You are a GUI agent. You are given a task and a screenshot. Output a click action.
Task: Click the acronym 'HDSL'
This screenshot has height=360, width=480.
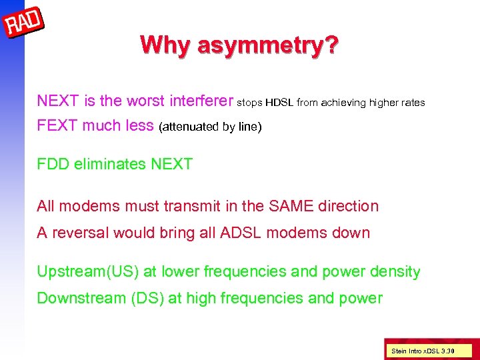[280, 103]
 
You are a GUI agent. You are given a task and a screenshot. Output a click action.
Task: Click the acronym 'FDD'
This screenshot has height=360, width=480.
[53, 164]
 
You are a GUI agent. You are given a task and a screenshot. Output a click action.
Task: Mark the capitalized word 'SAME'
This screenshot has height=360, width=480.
[290, 206]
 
